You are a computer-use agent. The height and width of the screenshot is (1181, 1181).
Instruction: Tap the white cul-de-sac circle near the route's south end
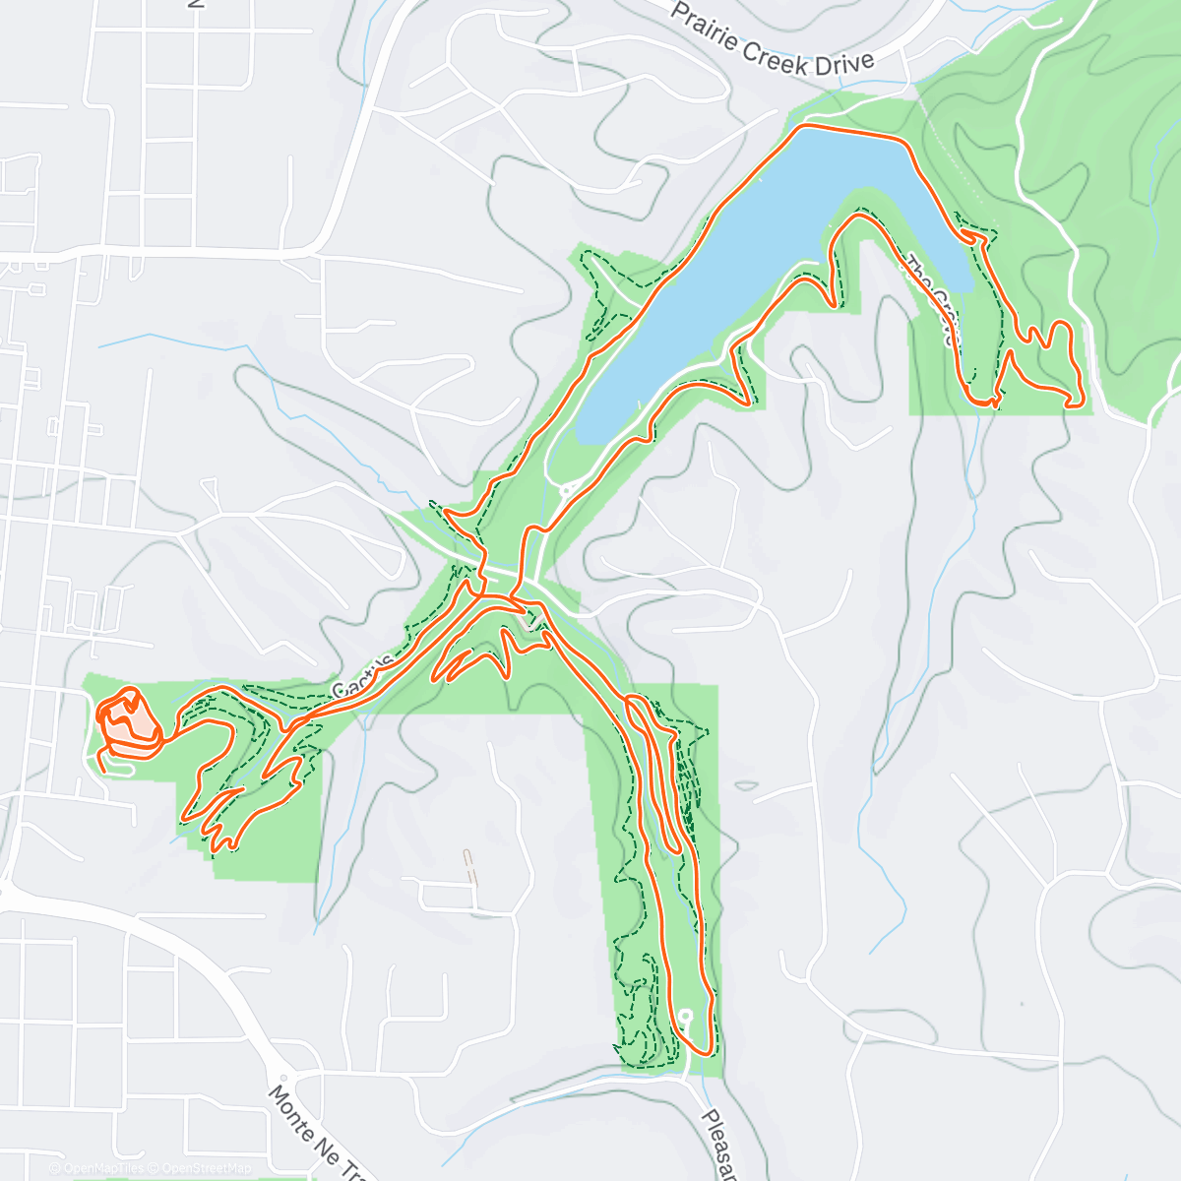685,1015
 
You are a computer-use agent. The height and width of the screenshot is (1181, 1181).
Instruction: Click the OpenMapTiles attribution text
102,1168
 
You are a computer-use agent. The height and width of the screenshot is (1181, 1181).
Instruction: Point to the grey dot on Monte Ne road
281,1078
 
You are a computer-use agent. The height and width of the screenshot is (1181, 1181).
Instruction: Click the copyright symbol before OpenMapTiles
57,1168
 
